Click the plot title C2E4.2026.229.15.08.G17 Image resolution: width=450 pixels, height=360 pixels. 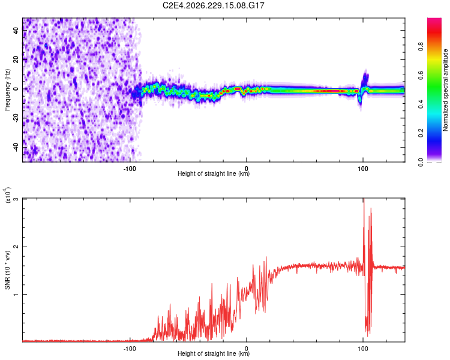[x=213, y=5]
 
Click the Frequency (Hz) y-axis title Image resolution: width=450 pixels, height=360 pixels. [x=7, y=90]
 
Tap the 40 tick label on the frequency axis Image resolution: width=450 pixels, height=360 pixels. [x=16, y=30]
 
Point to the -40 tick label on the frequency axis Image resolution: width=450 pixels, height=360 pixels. [x=16, y=148]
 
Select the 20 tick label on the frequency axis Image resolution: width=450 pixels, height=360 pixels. [x=16, y=59]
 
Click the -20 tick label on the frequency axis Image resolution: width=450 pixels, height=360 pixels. [x=16, y=118]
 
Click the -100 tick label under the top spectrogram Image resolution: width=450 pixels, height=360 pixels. [x=130, y=169]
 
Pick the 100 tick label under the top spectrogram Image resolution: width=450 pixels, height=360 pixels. [x=363, y=169]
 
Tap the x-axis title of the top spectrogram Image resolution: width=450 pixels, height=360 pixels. [x=214, y=173]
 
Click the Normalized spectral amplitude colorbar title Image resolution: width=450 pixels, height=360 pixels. [x=445, y=90]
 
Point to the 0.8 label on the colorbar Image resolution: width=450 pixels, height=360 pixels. [x=421, y=46]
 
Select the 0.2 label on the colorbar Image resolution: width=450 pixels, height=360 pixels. [x=421, y=133]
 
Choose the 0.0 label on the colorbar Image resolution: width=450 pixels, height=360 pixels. [x=421, y=163]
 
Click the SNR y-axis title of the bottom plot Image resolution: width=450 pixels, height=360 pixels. [x=7, y=270]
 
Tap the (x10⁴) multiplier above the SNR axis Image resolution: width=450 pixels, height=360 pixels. [x=7, y=194]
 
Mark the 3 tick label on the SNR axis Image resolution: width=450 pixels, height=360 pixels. [x=16, y=199]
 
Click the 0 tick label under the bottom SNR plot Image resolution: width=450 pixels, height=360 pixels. [x=246, y=349]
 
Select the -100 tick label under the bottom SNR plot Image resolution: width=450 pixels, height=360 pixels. [x=130, y=349]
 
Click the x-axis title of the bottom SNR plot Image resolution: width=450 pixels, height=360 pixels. [x=214, y=353]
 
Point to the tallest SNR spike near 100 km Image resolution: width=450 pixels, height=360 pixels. [x=364, y=199]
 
